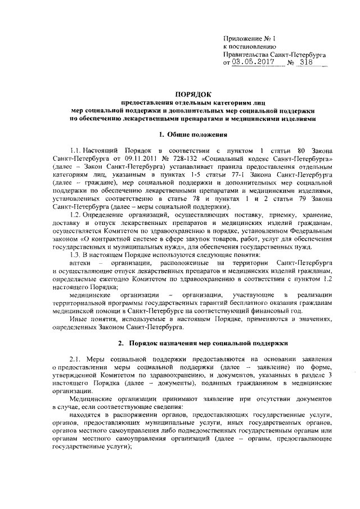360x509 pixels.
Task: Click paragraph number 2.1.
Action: [x=74, y=359]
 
